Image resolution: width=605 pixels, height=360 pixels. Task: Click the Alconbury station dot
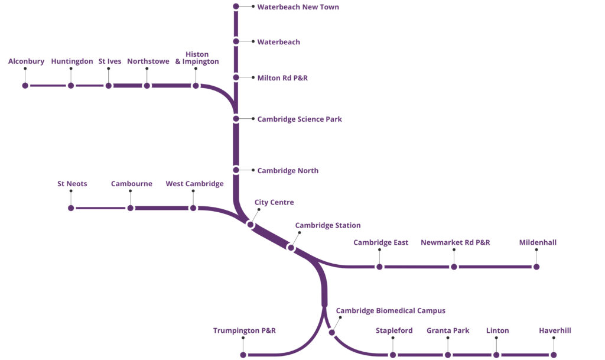[x=25, y=86]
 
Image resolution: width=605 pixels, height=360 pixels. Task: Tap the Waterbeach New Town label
[x=298, y=7]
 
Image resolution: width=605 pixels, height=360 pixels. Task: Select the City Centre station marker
[x=251, y=225]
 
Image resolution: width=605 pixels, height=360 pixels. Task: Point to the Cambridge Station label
[x=327, y=225]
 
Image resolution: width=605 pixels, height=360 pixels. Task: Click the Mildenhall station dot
[x=536, y=267]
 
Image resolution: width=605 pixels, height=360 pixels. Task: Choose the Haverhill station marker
[x=554, y=355]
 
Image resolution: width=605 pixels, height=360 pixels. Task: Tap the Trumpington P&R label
[x=244, y=330]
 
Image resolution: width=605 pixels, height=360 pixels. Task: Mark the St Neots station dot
[x=71, y=208]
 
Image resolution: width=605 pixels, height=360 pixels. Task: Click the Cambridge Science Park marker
[x=236, y=119]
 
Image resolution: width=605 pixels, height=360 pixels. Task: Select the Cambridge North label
[x=288, y=171]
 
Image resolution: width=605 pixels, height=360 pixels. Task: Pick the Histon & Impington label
[x=197, y=58]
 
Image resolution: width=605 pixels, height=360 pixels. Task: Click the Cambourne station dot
[x=131, y=208]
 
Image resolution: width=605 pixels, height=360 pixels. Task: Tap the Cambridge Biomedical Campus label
[x=391, y=311]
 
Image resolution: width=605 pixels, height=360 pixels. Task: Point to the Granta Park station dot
[x=448, y=355]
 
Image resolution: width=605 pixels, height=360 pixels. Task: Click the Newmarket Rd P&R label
[x=455, y=242]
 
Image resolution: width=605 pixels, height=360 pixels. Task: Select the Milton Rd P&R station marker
[x=236, y=77]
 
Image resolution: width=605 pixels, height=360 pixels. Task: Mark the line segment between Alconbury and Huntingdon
[x=48, y=86]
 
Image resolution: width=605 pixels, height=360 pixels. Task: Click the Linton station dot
[x=496, y=355]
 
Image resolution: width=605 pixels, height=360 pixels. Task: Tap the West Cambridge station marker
[x=193, y=208]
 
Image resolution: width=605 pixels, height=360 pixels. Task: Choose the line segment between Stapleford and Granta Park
[x=420, y=355]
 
